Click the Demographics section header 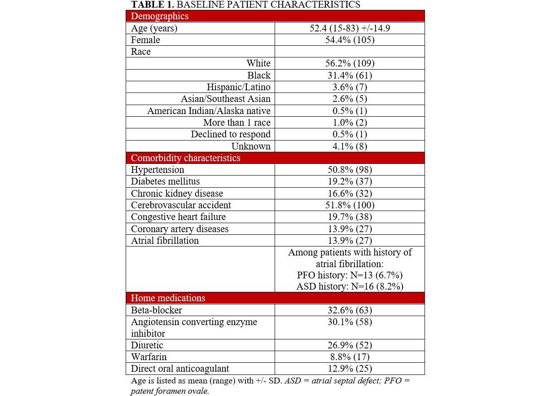160,16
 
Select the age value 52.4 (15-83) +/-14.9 350,28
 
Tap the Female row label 145,40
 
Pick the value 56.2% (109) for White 350,63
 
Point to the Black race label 259,75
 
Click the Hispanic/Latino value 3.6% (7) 350,87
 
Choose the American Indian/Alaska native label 209,110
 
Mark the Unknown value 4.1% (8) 350,146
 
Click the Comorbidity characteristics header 185,158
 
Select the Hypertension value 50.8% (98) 350,170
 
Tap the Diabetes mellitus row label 165,181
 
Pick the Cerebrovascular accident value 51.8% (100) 350,205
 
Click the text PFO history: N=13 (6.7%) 350,276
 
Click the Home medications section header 168,298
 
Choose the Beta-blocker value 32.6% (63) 350,310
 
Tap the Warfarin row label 149,357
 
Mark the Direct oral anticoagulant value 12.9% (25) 350,369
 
